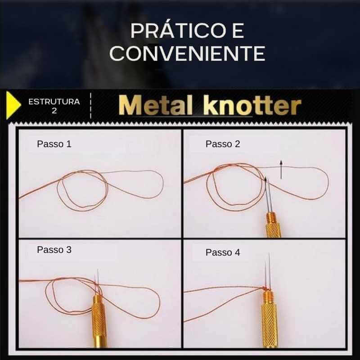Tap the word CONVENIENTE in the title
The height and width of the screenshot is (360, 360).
pyautogui.click(x=188, y=53)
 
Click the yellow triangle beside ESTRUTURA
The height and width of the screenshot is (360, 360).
pyautogui.click(x=13, y=105)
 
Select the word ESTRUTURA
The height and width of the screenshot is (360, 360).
pyautogui.click(x=54, y=102)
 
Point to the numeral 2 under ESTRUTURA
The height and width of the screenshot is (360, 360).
pyautogui.click(x=54, y=111)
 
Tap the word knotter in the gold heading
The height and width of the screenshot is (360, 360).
pyautogui.click(x=252, y=106)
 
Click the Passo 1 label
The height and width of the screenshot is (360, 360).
pyautogui.click(x=54, y=144)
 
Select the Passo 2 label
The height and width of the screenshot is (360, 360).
pyautogui.click(x=223, y=144)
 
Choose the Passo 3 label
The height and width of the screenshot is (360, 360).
pyautogui.click(x=54, y=250)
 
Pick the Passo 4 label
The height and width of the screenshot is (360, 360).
pyautogui.click(x=223, y=252)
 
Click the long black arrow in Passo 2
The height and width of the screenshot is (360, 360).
pyautogui.click(x=281, y=170)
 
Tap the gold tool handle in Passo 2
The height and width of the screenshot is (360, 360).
pyautogui.click(x=273, y=225)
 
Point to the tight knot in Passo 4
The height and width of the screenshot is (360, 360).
pyautogui.click(x=265, y=288)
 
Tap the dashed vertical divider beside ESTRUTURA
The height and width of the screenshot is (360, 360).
pyautogui.click(x=91, y=106)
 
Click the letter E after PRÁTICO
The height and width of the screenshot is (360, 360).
pyautogui.click(x=238, y=31)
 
